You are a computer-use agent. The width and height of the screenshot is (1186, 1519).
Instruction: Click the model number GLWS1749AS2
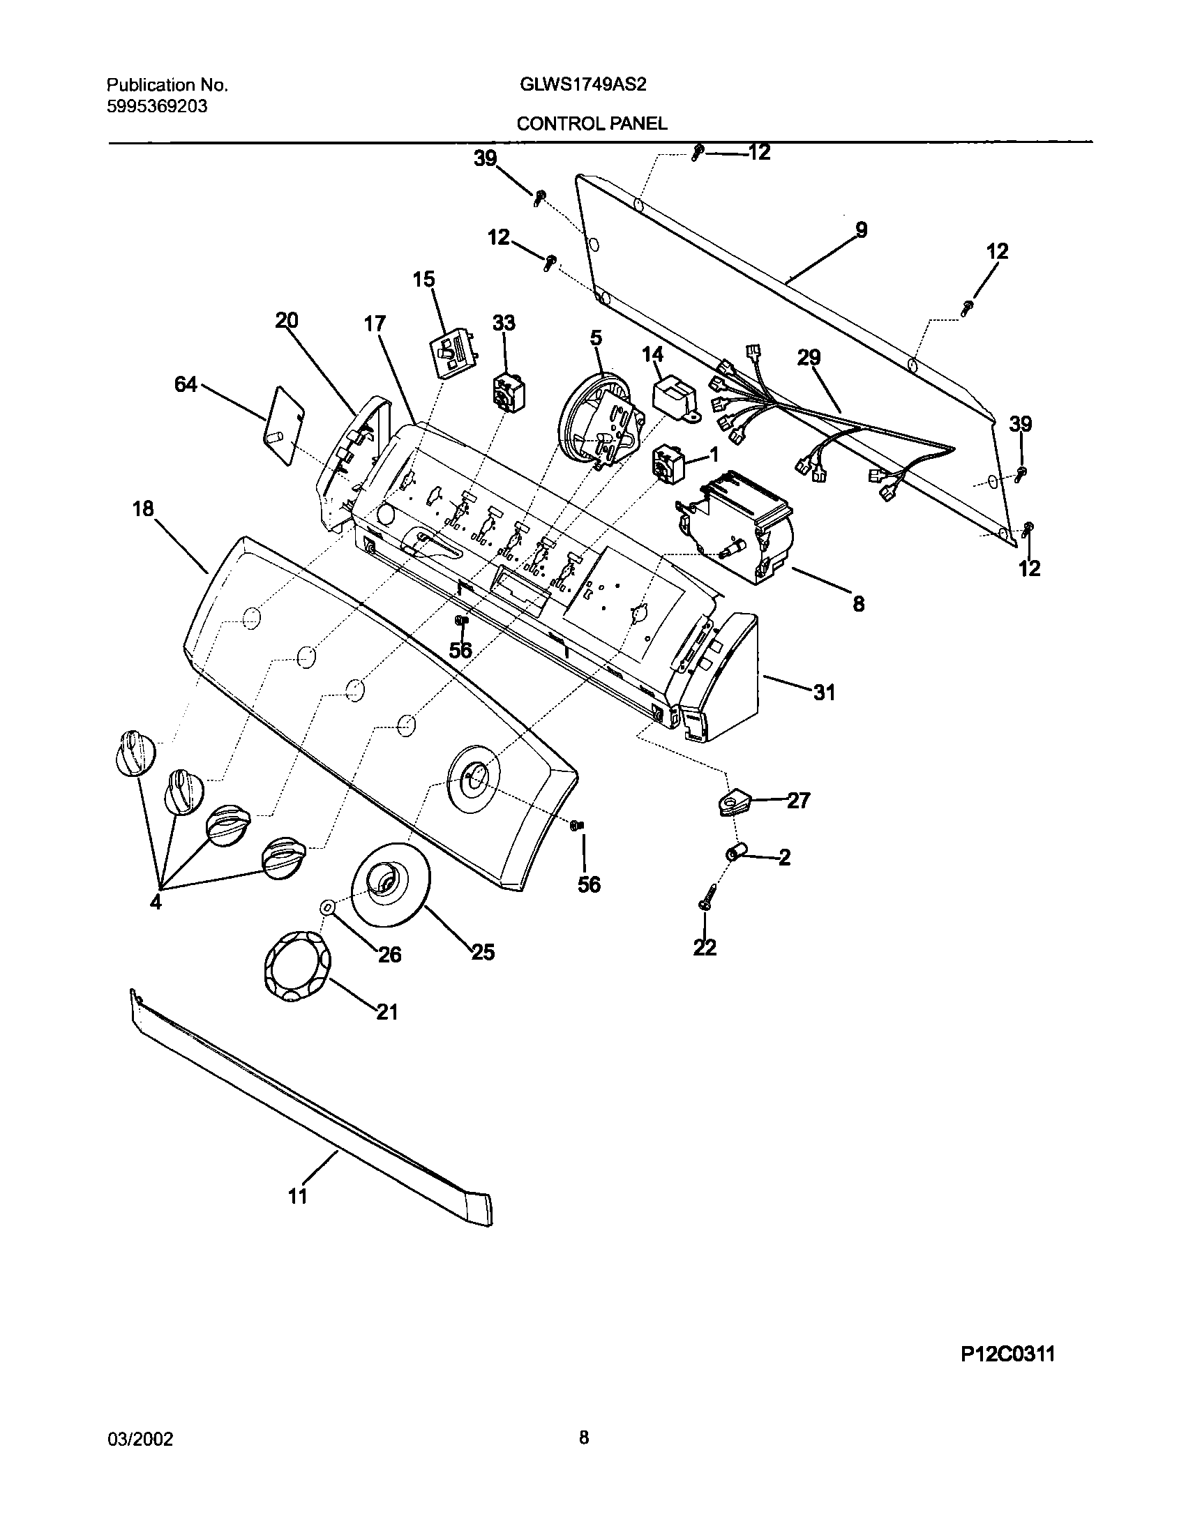[583, 85]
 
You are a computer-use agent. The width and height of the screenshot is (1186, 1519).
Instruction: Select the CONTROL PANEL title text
[592, 123]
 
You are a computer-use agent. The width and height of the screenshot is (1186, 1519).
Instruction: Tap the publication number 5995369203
[157, 107]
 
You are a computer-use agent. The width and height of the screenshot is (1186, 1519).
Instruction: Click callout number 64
[186, 384]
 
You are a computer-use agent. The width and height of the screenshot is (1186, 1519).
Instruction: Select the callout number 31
[824, 693]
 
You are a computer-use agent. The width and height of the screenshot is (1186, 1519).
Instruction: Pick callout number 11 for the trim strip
[297, 1196]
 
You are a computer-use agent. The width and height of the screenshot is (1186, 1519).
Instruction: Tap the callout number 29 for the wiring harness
[809, 358]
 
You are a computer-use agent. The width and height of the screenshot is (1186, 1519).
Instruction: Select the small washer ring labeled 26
[326, 907]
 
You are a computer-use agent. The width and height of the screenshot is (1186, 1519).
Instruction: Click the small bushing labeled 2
[735, 852]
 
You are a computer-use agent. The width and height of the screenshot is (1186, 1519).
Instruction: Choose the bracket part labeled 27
[731, 803]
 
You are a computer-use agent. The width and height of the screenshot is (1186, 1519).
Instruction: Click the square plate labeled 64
[283, 425]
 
